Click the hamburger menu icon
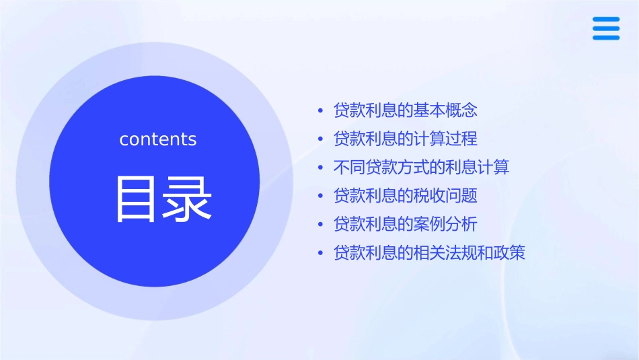click(606, 28)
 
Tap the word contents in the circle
click(158, 139)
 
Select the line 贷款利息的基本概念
click(406, 110)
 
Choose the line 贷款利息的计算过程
click(406, 139)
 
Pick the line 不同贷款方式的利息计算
click(422, 168)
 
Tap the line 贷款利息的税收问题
click(406, 196)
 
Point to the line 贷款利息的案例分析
click(406, 225)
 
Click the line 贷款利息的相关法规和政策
click(429, 253)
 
